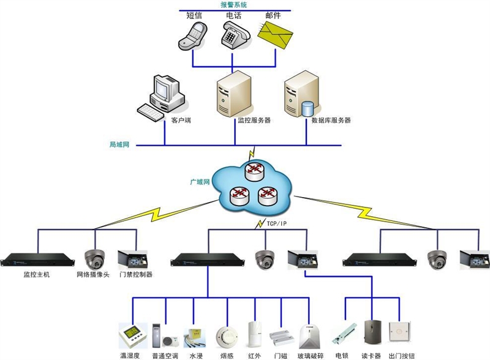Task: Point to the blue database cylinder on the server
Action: coord(307,108)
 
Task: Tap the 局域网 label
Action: coord(119,145)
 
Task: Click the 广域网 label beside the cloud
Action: coord(200,182)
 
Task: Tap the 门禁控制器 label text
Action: coord(136,275)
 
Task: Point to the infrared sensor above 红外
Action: coord(254,334)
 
